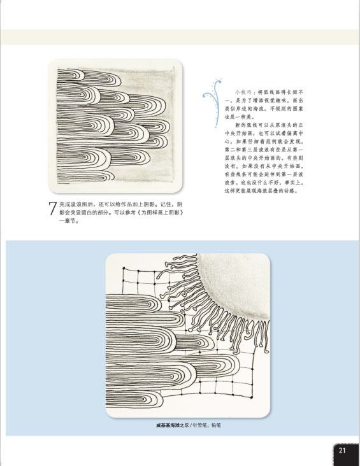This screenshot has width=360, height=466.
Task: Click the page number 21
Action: pos(342,450)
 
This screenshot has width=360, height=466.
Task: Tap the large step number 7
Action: pos(52,208)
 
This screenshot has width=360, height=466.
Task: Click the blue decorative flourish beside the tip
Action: pos(213,103)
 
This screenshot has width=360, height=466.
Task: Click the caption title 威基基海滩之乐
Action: pos(172,425)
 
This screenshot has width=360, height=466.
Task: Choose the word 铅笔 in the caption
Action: pos(216,425)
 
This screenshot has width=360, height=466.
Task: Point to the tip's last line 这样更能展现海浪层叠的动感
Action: pos(261,191)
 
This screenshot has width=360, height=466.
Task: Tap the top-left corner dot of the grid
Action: pos(124,269)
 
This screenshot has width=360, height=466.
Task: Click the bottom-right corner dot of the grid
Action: pos(252,397)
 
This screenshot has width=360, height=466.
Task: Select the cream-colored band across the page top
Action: pos(180,37)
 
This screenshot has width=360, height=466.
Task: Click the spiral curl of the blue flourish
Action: pos(206,95)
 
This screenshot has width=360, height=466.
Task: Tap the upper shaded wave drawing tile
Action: pos(115,125)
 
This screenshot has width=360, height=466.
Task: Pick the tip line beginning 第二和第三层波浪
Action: pos(264,150)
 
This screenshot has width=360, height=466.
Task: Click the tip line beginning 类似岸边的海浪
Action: pos(264,109)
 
